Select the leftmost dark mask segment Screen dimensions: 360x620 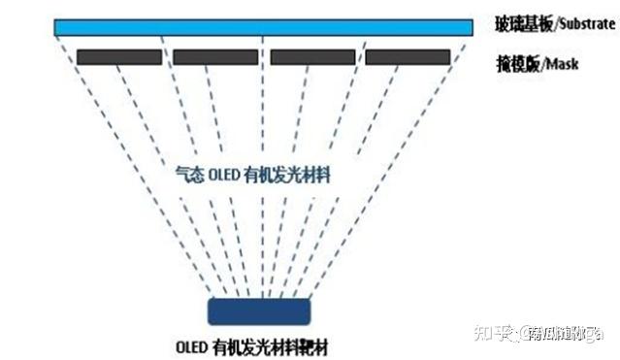point(118,57)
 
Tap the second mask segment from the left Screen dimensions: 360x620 point(215,57)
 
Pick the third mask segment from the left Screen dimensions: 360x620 point(312,57)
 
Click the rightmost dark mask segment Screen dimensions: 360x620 point(408,57)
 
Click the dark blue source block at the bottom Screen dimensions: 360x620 point(259,311)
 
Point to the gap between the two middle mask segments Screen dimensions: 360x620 point(264,57)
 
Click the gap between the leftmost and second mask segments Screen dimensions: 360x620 point(167,57)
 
